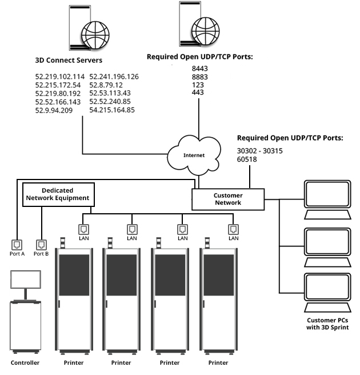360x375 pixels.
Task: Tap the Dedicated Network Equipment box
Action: click(58, 194)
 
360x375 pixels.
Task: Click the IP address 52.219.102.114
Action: click(60, 77)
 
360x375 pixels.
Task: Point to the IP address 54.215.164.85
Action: click(112, 110)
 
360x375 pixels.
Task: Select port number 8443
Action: click(199, 67)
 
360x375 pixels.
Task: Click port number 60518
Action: click(248, 160)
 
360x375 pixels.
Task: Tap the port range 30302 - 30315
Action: click(260, 151)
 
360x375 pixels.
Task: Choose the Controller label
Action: click(25, 362)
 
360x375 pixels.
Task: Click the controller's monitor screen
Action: click(26, 280)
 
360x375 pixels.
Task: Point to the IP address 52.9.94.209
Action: click(54, 110)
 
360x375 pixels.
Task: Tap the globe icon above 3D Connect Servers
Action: click(94, 35)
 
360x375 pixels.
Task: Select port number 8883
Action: click(199, 76)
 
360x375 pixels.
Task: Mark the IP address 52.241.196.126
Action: click(114, 77)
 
